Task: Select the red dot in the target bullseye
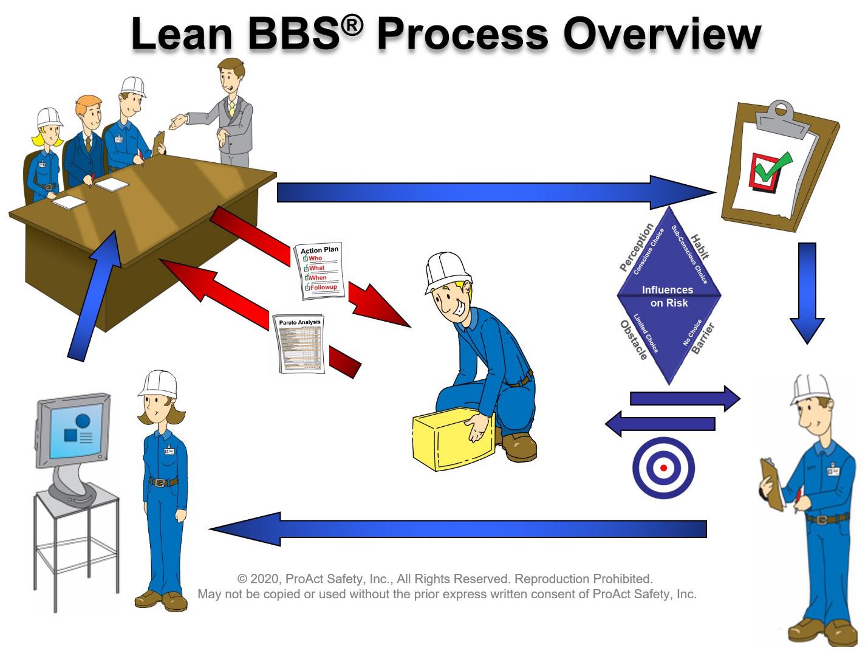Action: (x=663, y=468)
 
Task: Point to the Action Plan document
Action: (x=320, y=271)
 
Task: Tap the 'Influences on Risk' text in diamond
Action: (x=668, y=296)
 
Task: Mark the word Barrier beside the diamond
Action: (x=703, y=339)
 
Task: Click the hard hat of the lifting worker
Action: (x=448, y=271)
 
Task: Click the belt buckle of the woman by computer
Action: (x=159, y=482)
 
